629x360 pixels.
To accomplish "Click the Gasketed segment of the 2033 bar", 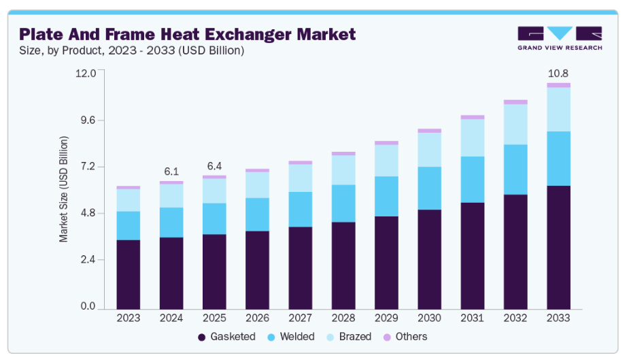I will coord(558,246).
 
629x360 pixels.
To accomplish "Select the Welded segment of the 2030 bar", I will coord(429,188).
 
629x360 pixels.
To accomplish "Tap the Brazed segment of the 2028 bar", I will coord(343,170).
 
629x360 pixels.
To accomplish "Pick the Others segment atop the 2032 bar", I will coord(515,102).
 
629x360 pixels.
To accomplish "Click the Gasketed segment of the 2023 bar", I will coord(129,274).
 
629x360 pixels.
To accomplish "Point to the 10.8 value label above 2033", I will coord(558,73).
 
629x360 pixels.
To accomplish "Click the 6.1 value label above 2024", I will coord(171,171).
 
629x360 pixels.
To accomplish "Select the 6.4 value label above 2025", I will coord(214,166).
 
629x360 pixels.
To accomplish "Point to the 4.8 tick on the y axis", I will coord(88,214).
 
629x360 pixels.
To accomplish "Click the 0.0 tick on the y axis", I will coord(88,307).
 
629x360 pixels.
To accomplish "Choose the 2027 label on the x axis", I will coord(301,318).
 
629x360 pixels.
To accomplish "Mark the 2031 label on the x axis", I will coord(472,318).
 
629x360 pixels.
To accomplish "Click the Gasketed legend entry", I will coord(226,337).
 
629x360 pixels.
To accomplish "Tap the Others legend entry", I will coord(405,337).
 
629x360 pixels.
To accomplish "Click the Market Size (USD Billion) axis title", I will coord(63,189).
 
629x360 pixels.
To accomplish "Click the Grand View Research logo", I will coord(559,37).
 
